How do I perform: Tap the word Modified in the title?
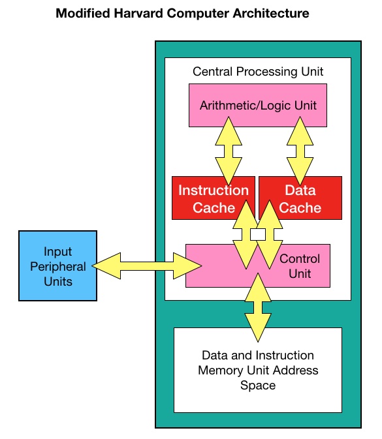point(83,13)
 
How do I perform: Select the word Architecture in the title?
point(271,13)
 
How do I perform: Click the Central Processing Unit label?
point(258,72)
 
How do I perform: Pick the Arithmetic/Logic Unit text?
point(258,106)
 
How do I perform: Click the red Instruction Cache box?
point(214,198)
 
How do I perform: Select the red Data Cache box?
point(300,198)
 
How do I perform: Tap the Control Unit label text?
point(300,266)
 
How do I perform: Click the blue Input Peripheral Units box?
point(57,265)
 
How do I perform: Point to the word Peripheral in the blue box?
point(57,267)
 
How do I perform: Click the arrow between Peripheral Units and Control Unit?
point(147,266)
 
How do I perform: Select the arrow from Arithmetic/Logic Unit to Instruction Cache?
point(229,151)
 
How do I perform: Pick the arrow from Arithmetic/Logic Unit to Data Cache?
point(300,151)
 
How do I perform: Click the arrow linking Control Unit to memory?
point(258,308)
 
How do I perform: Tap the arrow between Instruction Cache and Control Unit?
point(246,235)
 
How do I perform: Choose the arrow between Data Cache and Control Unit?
point(270,235)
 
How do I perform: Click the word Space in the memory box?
point(258,386)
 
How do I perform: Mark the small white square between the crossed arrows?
point(258,235)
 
